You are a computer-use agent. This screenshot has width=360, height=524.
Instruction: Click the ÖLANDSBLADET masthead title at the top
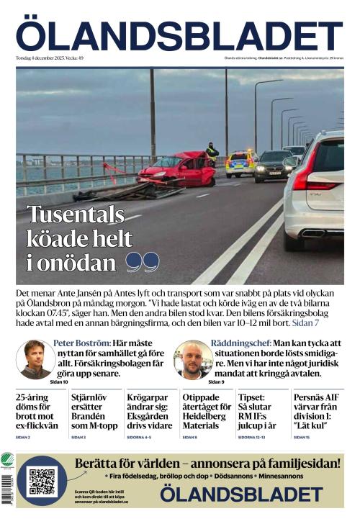click(x=179, y=35)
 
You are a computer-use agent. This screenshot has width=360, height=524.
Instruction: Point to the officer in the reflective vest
click(x=212, y=153)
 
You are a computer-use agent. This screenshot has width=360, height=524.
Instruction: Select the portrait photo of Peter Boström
click(x=35, y=358)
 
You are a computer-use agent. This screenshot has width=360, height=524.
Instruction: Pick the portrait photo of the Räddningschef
click(x=193, y=358)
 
